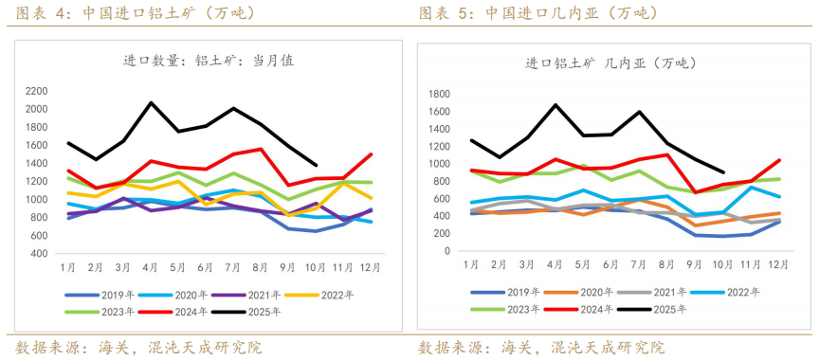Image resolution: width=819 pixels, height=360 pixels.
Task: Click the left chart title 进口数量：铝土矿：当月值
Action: click(209, 60)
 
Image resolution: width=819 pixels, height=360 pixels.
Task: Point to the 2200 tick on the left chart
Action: click(36, 91)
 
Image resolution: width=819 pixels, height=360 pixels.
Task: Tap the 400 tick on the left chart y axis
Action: click(39, 254)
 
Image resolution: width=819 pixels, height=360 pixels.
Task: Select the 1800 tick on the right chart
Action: click(437, 94)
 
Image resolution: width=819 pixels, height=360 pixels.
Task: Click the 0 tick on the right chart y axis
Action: click(446, 252)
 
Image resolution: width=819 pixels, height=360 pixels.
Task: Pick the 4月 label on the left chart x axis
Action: click(151, 268)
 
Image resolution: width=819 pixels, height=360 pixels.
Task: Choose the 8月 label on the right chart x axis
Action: click(668, 262)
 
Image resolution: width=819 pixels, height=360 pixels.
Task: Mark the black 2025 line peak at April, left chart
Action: click(151, 102)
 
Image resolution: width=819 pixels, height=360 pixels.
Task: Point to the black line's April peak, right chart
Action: click(556, 104)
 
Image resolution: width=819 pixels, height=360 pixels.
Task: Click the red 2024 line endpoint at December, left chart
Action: click(371, 154)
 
